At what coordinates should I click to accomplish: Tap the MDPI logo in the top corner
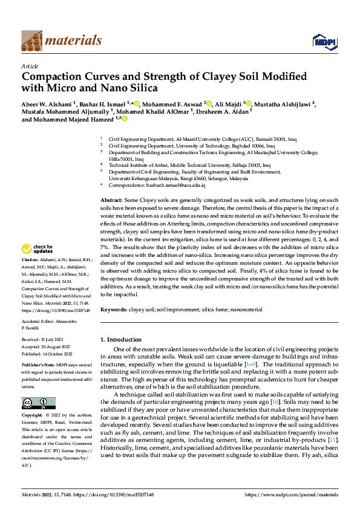322,41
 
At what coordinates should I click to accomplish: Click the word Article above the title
30,65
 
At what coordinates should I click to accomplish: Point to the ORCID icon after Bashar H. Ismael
137,103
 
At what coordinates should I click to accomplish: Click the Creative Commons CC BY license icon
38,403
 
